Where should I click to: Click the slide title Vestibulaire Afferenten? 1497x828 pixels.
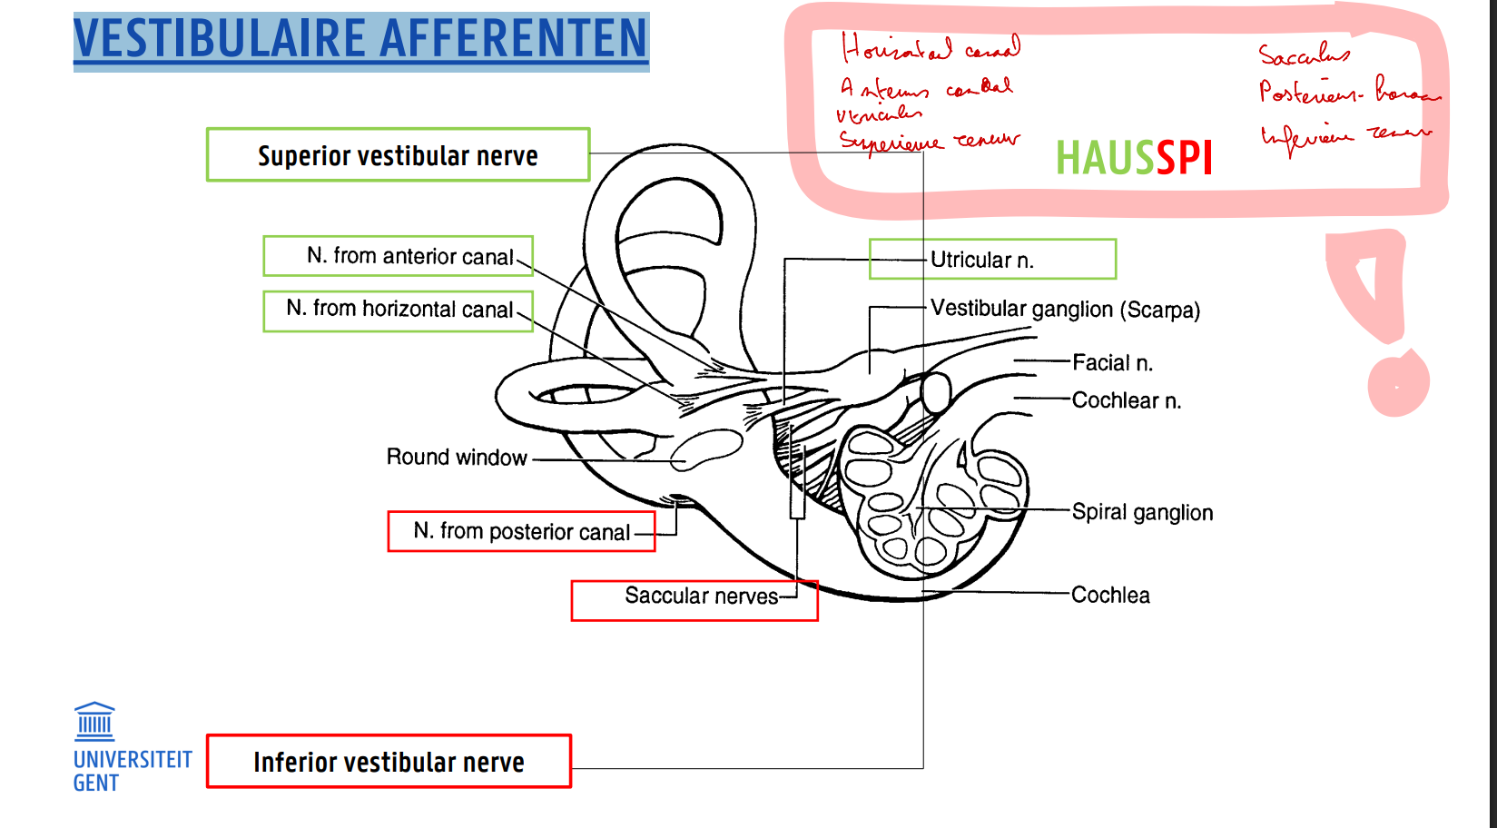360,40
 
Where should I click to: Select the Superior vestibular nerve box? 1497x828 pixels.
398,155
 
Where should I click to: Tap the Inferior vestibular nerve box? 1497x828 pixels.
389,762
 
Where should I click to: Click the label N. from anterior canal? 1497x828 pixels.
409,256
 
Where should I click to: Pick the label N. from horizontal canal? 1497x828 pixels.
399,310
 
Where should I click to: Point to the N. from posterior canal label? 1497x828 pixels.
521,531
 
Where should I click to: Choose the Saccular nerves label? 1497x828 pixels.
701,596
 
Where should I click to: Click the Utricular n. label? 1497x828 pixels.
982,261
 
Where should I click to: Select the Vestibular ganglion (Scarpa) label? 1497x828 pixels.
1065,310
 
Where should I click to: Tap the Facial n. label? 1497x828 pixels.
1112,363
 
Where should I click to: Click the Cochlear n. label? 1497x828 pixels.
1126,400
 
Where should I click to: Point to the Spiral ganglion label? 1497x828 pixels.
1142,512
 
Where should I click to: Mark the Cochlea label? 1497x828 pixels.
1110,596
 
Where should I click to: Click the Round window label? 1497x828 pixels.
457,457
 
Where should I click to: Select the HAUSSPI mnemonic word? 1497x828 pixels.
1134,159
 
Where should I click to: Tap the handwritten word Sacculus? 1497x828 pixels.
1304,55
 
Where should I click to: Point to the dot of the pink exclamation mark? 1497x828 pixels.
1398,385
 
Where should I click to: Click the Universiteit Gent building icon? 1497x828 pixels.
94,721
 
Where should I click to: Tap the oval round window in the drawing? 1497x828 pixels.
706,449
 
